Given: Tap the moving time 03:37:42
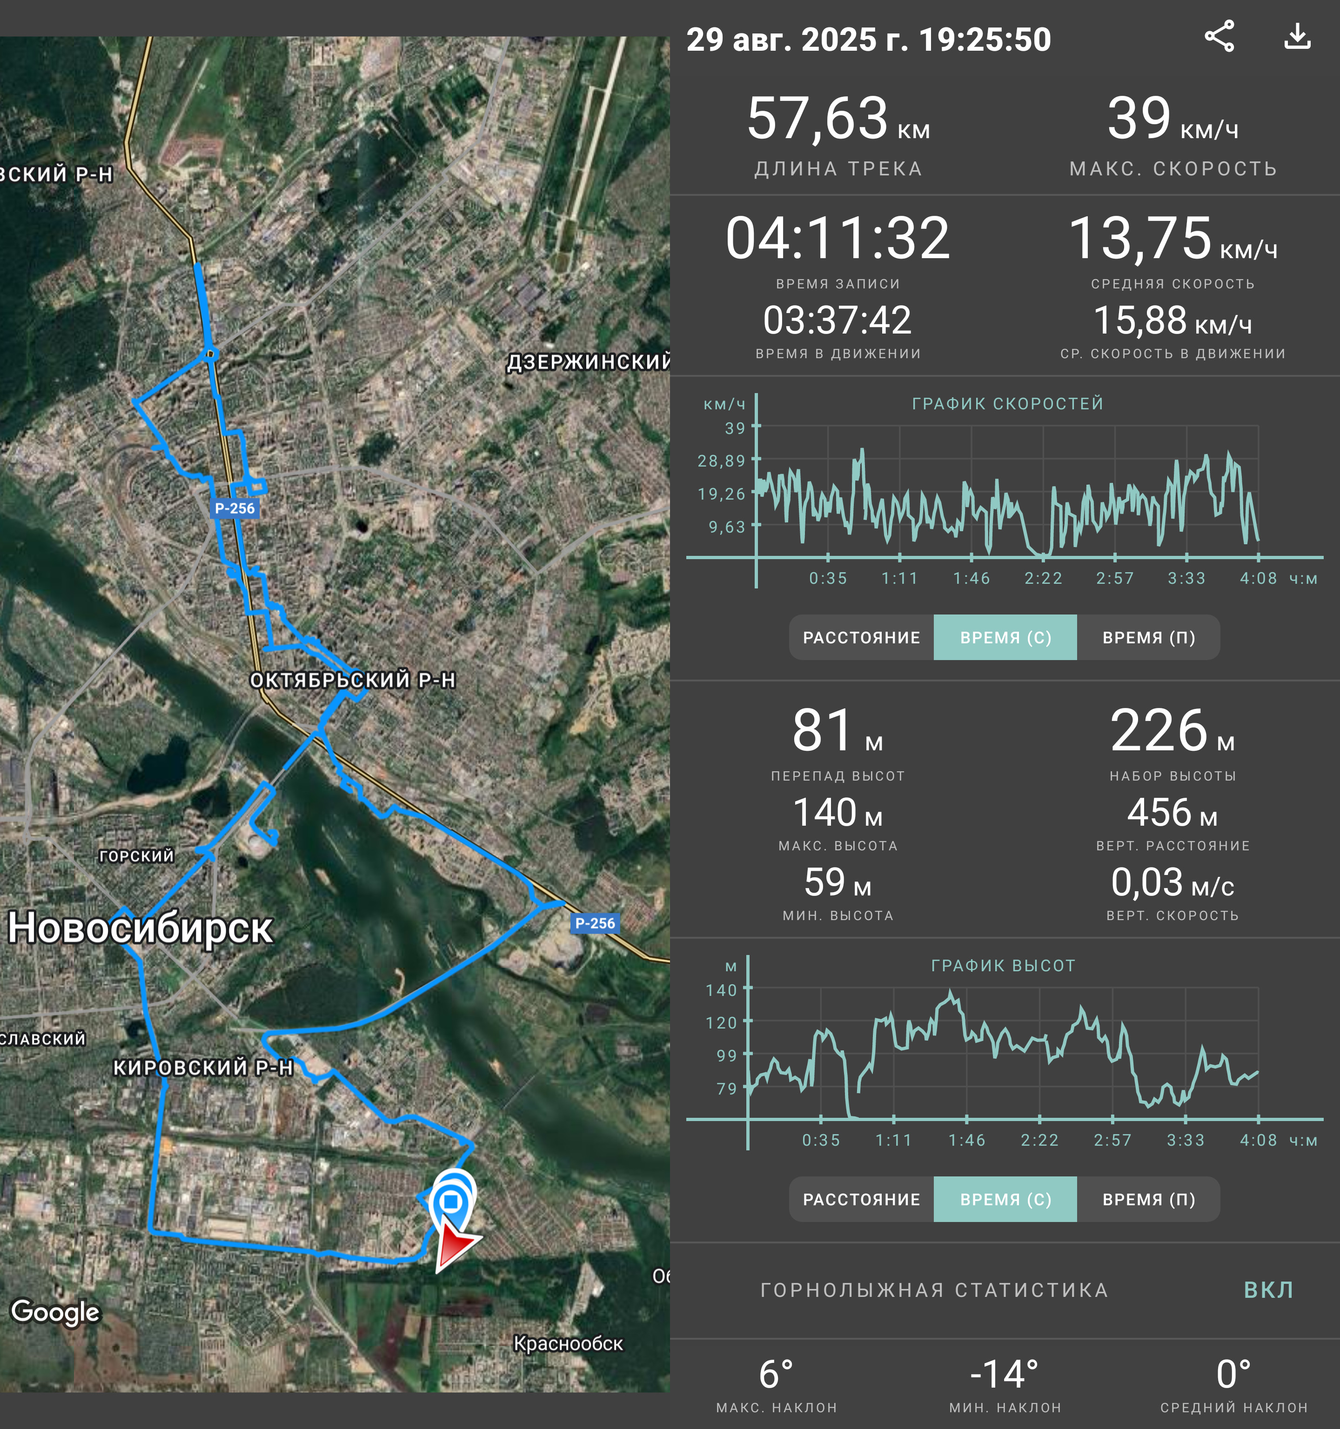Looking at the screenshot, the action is (837, 320).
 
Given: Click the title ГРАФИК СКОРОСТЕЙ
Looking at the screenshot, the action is (1008, 404).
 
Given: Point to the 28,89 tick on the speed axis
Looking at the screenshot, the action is (721, 461).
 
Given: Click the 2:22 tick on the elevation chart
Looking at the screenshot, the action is (1039, 1140).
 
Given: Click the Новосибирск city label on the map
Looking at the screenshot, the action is (140, 928).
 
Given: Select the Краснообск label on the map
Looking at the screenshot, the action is (568, 1343).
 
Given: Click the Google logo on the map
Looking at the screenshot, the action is (55, 1312).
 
